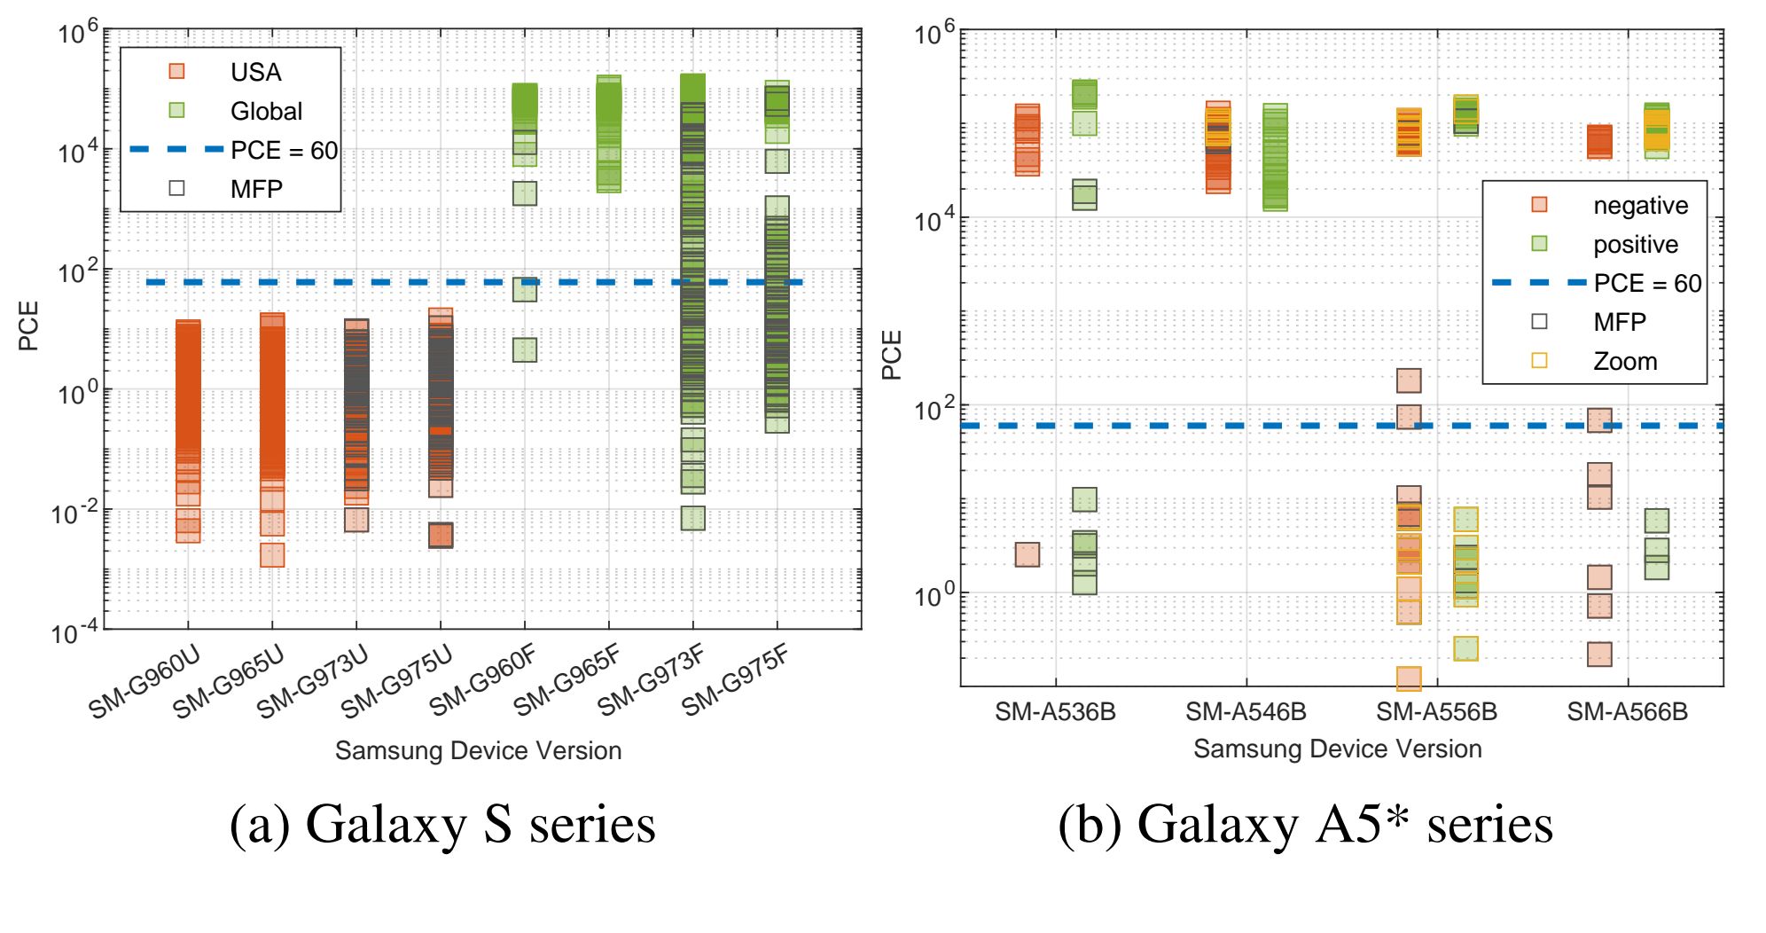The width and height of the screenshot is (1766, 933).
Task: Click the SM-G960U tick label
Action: (145, 682)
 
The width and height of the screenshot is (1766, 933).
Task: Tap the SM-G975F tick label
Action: (735, 681)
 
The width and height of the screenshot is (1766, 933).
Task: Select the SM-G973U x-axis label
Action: (312, 682)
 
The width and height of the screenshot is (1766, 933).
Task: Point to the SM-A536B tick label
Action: (1055, 711)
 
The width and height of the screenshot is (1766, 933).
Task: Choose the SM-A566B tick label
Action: (1627, 711)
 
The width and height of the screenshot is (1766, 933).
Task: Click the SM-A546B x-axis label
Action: (1246, 711)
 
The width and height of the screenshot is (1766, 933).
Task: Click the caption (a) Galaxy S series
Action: (442, 823)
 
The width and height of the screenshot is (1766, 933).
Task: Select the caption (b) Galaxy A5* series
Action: (1305, 823)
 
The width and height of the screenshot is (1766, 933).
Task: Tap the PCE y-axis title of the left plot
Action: (28, 325)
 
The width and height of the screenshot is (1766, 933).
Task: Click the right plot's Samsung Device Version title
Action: (1337, 749)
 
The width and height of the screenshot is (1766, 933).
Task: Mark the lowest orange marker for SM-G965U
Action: (272, 554)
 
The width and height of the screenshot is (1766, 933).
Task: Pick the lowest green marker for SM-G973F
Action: (693, 518)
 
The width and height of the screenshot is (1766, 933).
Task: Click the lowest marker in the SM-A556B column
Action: (1409, 678)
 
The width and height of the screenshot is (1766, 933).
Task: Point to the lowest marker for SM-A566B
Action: (1599, 655)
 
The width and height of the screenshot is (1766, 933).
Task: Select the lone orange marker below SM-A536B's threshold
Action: (1027, 554)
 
